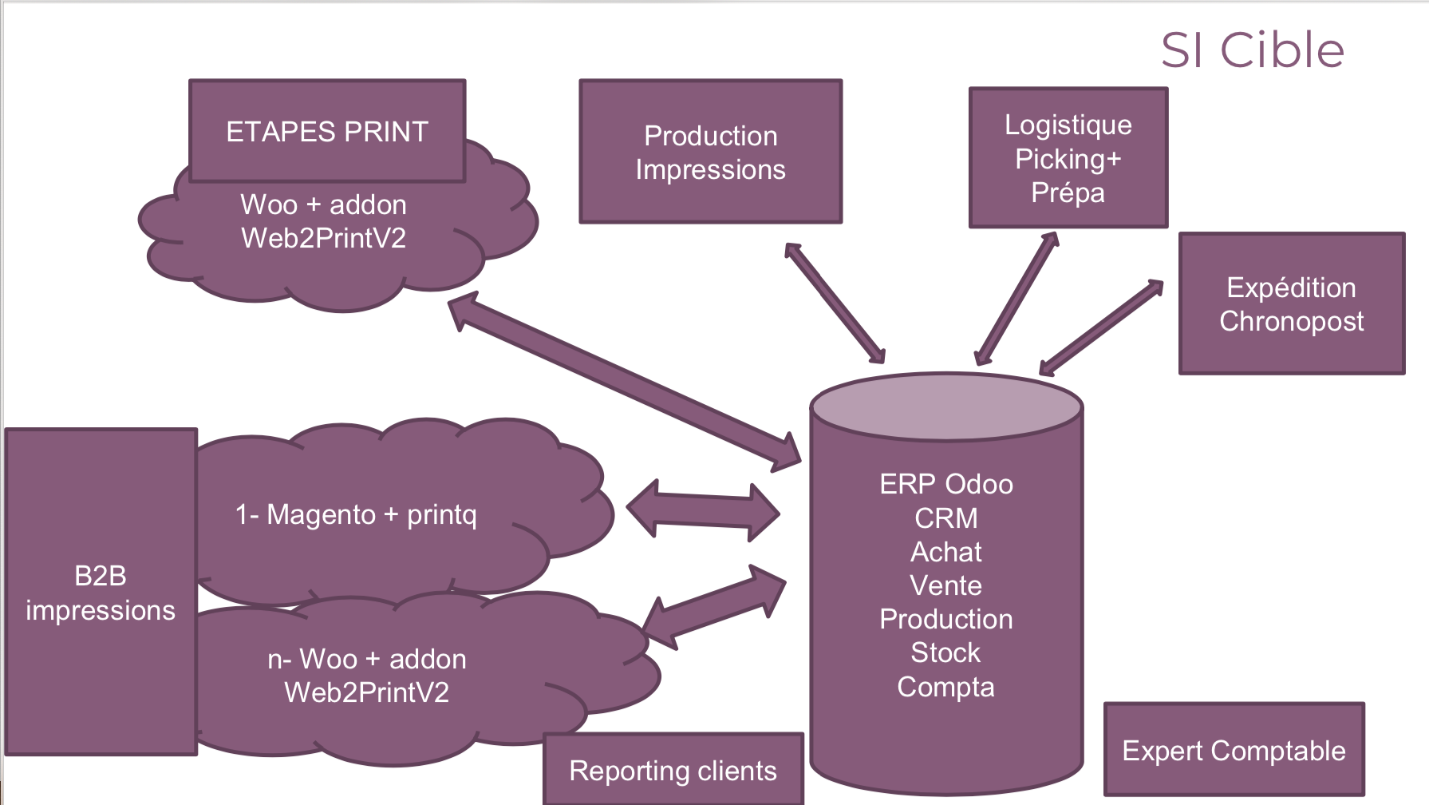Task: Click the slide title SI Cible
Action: point(1252,50)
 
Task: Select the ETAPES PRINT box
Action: point(327,131)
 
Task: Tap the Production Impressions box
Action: point(710,152)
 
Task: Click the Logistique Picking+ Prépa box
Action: point(1068,158)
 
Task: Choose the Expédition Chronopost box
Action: point(1291,303)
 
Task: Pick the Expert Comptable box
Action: point(1234,750)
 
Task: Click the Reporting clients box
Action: point(673,770)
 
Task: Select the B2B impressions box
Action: point(101,592)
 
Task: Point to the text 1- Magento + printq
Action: point(356,514)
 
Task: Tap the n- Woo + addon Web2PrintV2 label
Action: point(367,676)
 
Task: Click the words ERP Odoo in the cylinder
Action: point(946,484)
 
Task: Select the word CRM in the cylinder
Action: point(946,518)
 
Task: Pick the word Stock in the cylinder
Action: point(945,652)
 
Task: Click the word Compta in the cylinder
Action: point(945,687)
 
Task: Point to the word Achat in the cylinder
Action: point(946,552)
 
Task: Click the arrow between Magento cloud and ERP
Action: point(703,510)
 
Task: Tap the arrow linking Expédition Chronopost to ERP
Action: point(1102,327)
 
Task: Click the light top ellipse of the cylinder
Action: point(946,406)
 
